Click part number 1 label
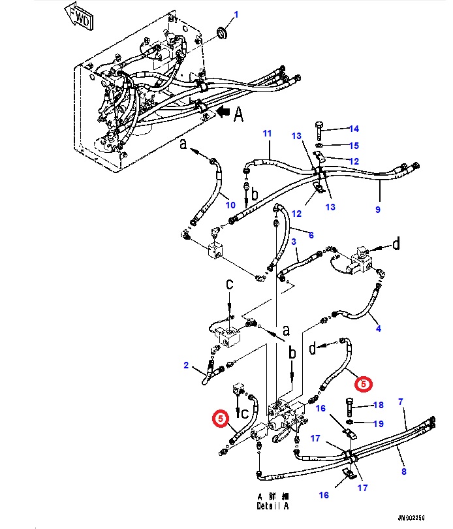tap(236, 14)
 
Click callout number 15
tap(353, 145)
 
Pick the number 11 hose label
tap(267, 134)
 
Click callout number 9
tap(377, 210)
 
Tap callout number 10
tap(230, 205)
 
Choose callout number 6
tap(311, 235)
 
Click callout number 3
tap(294, 242)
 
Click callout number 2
tap(186, 365)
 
